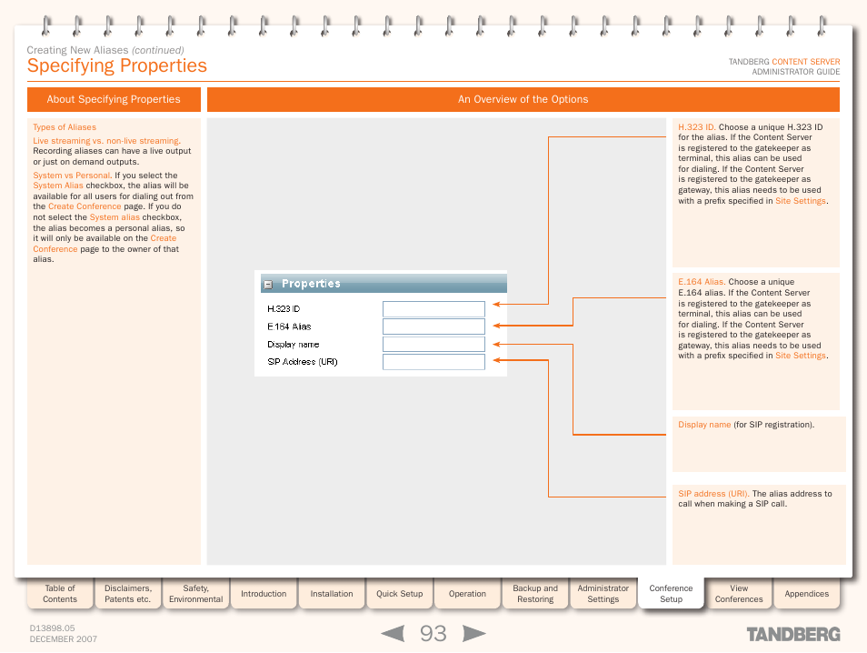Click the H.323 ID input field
pos(433,309)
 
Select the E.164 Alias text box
pos(433,326)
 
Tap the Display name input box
pos(433,345)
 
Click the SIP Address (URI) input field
pos(433,362)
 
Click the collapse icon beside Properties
pos(268,285)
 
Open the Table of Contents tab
pos(60,594)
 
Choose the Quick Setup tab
pos(400,594)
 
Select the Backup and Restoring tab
pos(535,594)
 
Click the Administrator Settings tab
pos(603,594)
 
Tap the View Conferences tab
pos(739,594)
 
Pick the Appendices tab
pos(807,594)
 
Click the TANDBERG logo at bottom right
pos(793,634)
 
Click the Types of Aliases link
pos(65,127)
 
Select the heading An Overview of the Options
pos(523,100)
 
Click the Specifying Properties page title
pos(117,65)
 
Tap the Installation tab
pos(332,594)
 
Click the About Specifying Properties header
pos(114,100)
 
